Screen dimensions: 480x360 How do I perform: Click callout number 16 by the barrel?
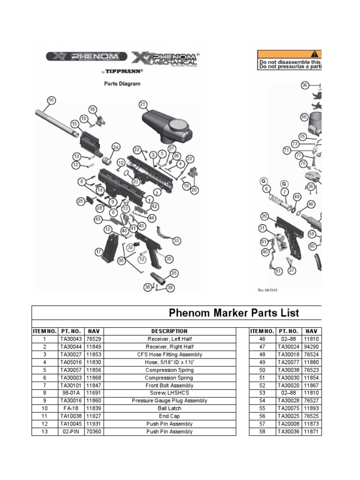[51, 100]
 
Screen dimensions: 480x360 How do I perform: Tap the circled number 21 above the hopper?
[143, 104]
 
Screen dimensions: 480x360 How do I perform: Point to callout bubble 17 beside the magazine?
[99, 252]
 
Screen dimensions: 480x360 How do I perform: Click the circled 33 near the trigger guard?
[176, 240]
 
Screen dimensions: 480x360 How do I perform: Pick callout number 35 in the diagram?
[174, 273]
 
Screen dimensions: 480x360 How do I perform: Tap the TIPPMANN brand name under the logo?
[123, 71]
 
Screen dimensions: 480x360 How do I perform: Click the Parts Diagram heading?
[122, 84]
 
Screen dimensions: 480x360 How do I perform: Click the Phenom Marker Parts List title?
[233, 313]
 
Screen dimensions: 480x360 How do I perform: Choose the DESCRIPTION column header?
[169, 331]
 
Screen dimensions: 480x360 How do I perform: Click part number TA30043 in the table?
[70, 339]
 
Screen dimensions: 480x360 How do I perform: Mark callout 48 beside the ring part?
[311, 204]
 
